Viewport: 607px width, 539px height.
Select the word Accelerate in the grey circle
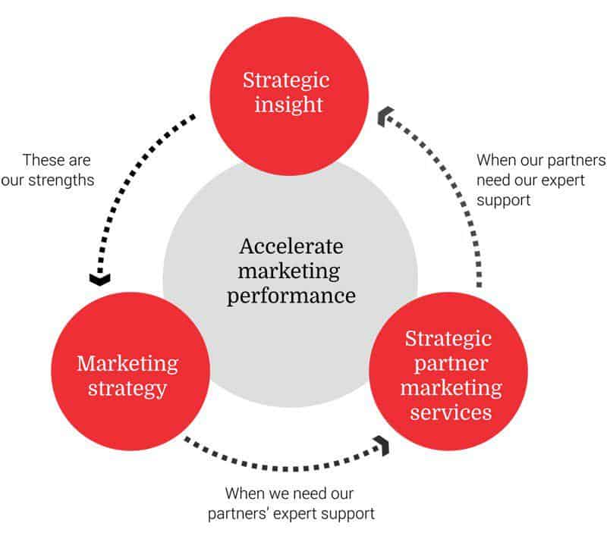[291, 246]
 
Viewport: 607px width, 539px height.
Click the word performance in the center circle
[291, 295]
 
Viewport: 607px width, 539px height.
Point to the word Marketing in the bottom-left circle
[127, 363]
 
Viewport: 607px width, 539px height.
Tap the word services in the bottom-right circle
[450, 412]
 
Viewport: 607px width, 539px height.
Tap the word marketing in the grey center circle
[291, 271]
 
